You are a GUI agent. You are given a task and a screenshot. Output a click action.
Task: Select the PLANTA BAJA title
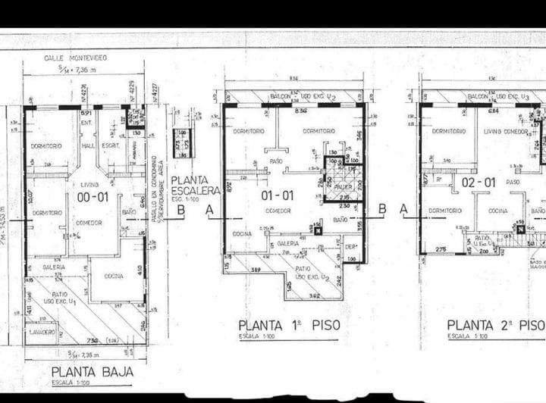[93, 372]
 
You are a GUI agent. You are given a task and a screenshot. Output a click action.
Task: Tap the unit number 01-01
[277, 195]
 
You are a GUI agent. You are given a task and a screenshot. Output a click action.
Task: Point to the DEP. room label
[350, 246]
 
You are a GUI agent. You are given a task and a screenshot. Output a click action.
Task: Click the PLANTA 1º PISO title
[288, 326]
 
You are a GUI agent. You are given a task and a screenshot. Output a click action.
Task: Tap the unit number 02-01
[479, 183]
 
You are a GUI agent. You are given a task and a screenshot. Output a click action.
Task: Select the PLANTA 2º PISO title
[495, 326]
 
